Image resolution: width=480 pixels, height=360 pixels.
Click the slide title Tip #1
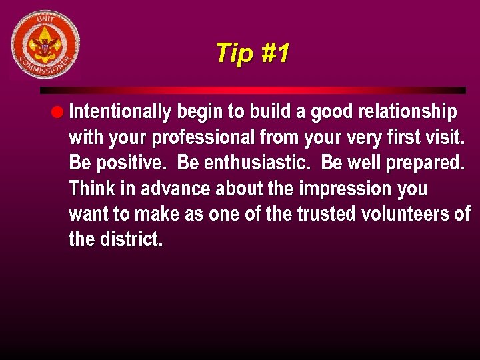[x=252, y=53]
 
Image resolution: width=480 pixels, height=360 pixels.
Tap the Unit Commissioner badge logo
[x=45, y=45]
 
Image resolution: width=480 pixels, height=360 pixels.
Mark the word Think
[x=92, y=189]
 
